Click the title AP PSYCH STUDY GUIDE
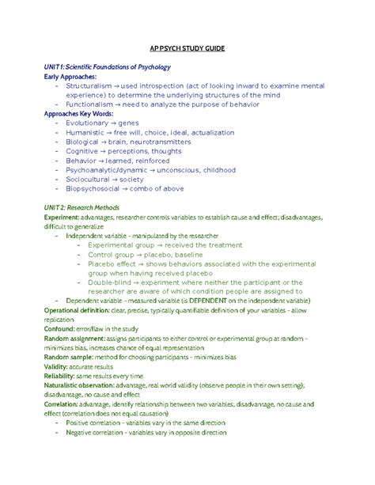tap(187, 49)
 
